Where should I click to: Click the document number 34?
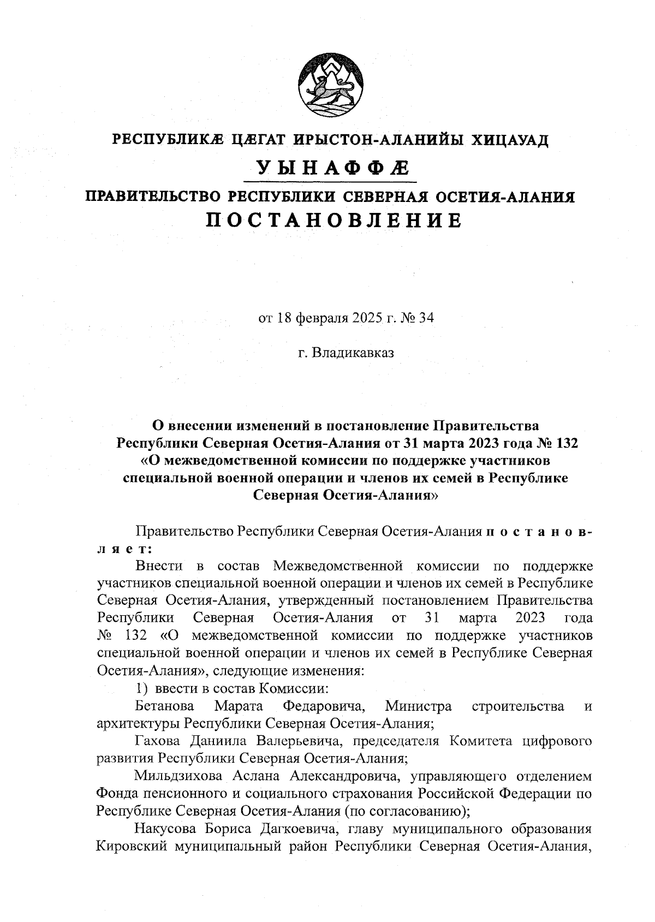(x=426, y=318)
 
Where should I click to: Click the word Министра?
(x=418, y=706)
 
